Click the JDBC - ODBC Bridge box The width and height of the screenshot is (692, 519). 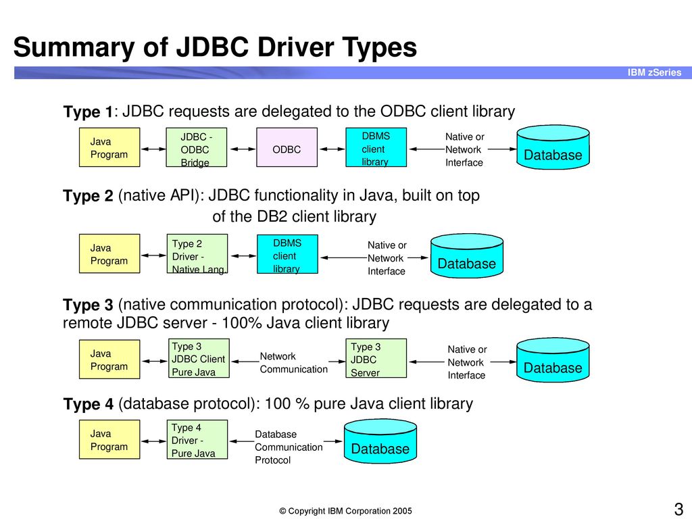point(197,147)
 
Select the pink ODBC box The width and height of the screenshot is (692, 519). point(287,147)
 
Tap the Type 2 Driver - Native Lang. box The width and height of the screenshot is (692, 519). point(197,254)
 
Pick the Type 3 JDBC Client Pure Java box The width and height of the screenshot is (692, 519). point(199,358)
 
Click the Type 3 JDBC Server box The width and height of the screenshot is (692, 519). point(376,358)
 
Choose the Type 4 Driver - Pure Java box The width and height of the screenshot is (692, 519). point(197,439)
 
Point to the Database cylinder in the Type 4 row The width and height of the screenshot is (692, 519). point(380,441)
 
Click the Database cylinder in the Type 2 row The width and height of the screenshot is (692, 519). point(467,256)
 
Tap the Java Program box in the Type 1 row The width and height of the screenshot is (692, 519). point(109,147)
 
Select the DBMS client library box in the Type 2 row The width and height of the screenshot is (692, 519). point(287,254)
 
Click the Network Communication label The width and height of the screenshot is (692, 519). point(293,363)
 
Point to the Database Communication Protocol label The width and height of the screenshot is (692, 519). point(289,447)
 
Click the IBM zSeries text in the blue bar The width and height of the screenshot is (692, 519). point(654,72)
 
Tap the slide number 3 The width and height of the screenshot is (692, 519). point(678,509)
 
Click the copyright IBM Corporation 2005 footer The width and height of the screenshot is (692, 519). point(345,511)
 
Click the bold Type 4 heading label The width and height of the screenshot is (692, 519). point(89,404)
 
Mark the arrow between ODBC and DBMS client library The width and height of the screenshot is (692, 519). point(331,149)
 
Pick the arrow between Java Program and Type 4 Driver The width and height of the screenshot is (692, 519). point(153,441)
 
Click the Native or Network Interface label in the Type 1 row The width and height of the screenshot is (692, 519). point(464,149)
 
